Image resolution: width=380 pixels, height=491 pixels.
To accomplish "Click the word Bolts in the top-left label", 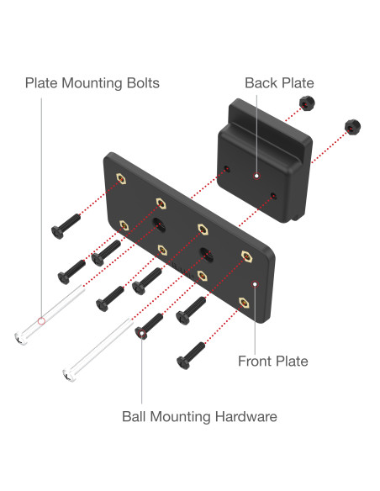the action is point(143,83).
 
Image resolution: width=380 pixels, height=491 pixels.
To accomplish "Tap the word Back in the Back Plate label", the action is point(261,83).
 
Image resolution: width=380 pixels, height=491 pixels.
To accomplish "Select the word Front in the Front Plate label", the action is point(256,361).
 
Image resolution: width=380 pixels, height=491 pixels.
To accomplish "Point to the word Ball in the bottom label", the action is point(135,416).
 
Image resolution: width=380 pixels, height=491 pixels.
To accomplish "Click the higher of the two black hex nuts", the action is point(307,103).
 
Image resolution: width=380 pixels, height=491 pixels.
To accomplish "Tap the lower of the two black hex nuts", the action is point(352,127).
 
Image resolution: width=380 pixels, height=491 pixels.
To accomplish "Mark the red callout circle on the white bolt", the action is point(41,321).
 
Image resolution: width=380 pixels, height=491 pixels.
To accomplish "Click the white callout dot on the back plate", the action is point(256,176).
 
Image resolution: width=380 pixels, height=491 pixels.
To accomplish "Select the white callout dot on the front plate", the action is point(255,284).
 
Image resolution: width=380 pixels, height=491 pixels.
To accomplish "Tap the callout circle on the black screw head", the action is point(142,333).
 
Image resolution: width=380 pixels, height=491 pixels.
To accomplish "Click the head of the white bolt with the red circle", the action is point(21,339).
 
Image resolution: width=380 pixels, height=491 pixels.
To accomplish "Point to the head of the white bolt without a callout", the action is point(69,376).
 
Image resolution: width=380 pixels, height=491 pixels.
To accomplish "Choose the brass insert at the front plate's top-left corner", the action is point(121,179).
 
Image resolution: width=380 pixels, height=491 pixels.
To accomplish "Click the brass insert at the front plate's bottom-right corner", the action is point(244,303).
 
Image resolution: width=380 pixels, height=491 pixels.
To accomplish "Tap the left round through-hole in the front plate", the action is point(160,224).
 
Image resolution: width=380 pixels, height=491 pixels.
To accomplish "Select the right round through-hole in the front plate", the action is point(206,254).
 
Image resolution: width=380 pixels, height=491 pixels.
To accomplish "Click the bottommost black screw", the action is point(191,356).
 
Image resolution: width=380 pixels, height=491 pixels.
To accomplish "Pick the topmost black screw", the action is point(66,226).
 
